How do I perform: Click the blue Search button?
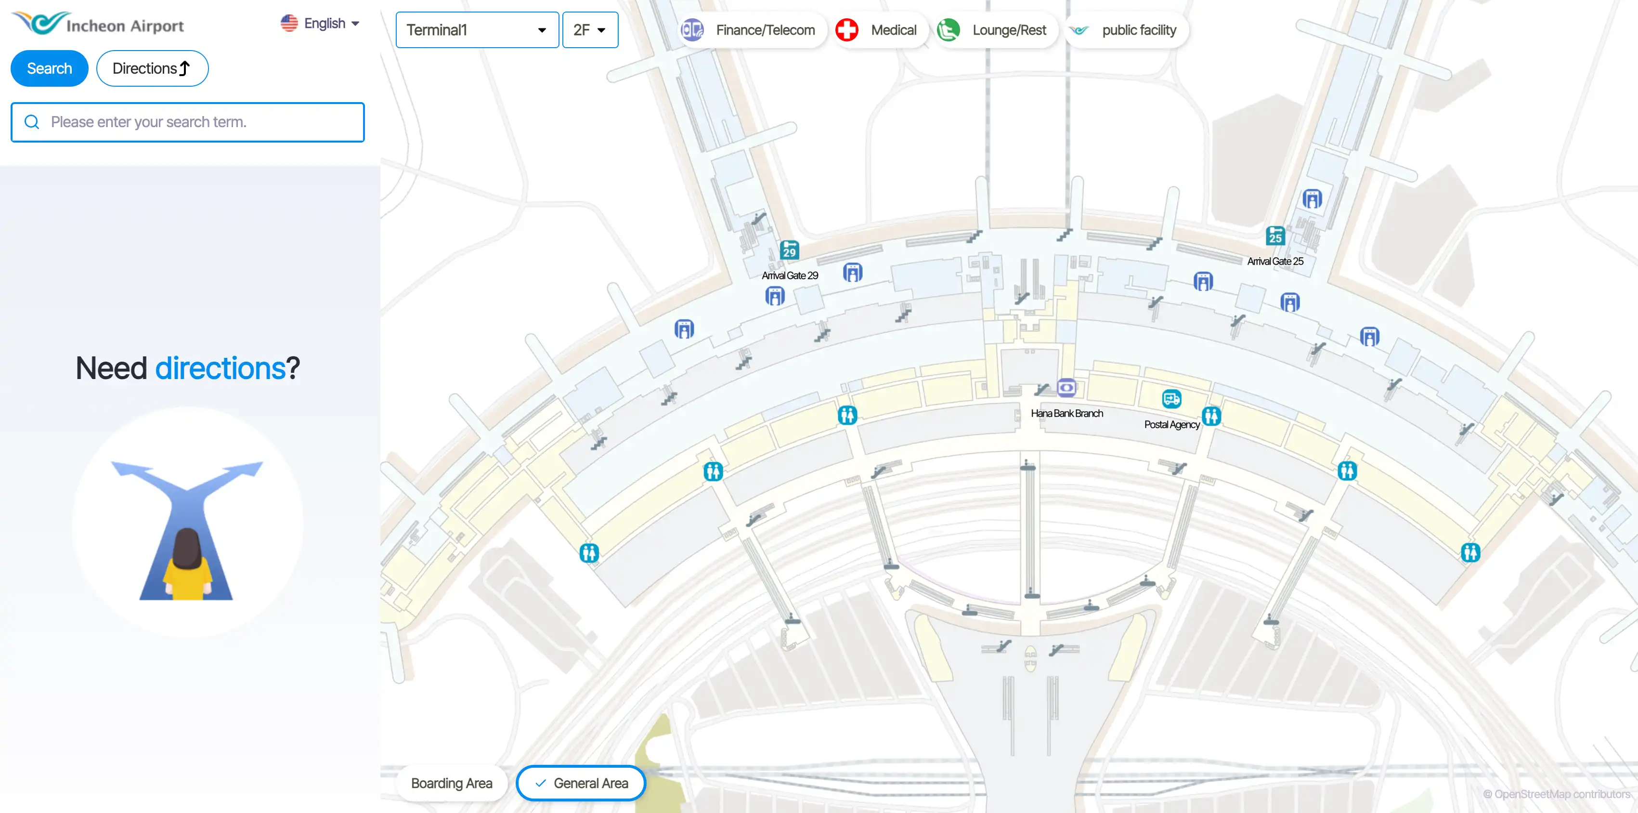[x=49, y=69]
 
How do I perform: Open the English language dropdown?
[x=320, y=24]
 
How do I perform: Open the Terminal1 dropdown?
[x=477, y=30]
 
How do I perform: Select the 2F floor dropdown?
[x=589, y=30]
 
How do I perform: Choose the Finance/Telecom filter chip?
[x=750, y=30]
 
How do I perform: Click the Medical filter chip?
[x=877, y=30]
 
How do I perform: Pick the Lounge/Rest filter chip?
[x=993, y=30]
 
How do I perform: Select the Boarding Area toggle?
[x=452, y=783]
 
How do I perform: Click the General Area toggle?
[x=581, y=783]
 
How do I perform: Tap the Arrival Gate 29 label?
[x=790, y=275]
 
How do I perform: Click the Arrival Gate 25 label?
[x=1275, y=262]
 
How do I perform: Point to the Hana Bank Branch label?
[x=1066, y=414]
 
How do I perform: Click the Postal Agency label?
[x=1171, y=424]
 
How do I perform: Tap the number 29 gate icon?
[x=789, y=250]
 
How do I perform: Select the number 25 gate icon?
[x=1275, y=236]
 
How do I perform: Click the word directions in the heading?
[x=220, y=368]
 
